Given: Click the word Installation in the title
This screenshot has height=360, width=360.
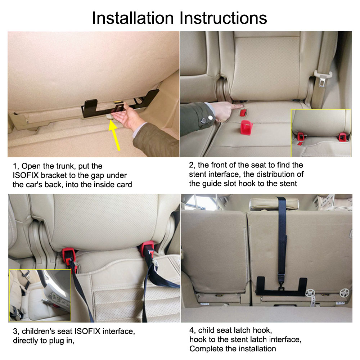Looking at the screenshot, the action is pyautogui.click(x=133, y=18).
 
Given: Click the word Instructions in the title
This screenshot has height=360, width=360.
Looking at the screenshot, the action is pyautogui.click(x=223, y=18).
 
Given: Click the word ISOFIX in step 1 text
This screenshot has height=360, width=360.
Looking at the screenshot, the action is pyautogui.click(x=26, y=175).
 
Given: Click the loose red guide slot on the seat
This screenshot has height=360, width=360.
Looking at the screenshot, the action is pyautogui.click(x=247, y=127).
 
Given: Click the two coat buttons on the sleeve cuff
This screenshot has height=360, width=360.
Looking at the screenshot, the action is pyautogui.click(x=207, y=119).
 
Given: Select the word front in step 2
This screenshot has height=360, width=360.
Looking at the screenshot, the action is pyautogui.click(x=220, y=165).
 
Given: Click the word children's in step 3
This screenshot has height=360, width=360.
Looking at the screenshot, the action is pyautogui.click(x=39, y=331).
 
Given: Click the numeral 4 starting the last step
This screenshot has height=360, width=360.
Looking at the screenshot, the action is pyautogui.click(x=192, y=330).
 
